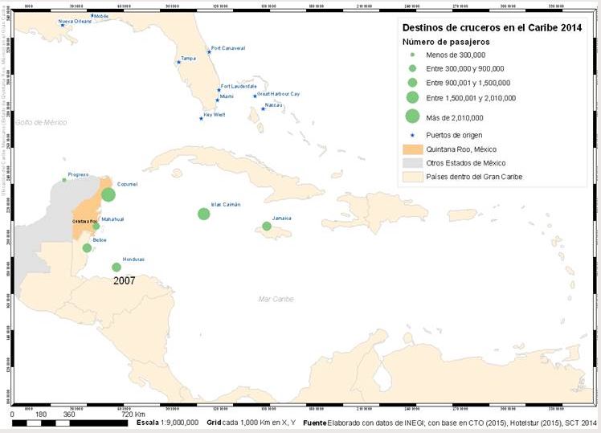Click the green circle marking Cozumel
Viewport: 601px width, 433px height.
[108, 194]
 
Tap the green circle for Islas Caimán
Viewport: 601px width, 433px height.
[204, 214]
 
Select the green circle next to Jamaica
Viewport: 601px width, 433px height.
[267, 226]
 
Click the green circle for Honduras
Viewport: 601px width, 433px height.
[117, 268]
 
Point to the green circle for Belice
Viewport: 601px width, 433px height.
[87, 247]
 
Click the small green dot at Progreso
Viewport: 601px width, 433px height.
[64, 180]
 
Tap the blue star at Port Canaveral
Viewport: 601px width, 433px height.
[209, 52]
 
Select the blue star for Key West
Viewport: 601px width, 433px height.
[201, 118]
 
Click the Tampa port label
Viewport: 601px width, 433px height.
[188, 58]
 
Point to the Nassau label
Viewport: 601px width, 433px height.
[275, 104]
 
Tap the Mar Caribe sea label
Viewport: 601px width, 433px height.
[276, 299]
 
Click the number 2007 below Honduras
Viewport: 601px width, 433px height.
[124, 281]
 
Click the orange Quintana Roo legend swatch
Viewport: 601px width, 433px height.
[412, 148]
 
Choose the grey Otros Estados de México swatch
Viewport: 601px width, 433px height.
[412, 162]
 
